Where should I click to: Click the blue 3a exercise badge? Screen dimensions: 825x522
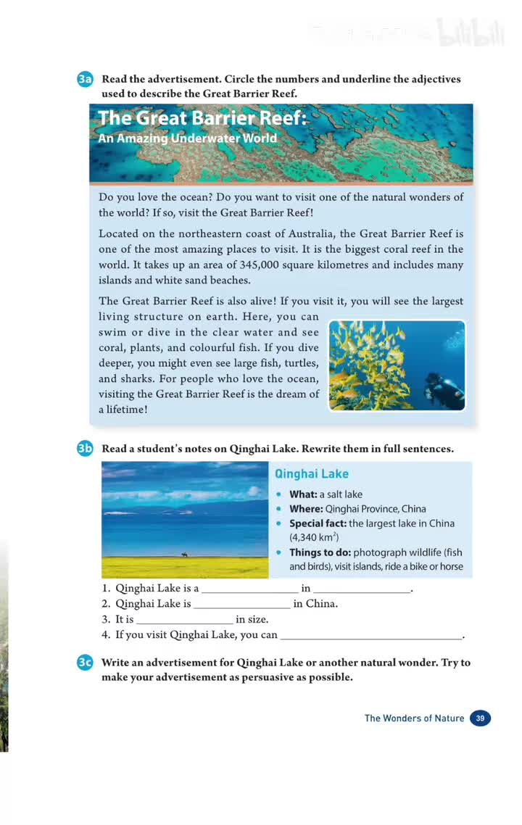coord(85,80)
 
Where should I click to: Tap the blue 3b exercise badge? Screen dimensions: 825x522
coord(85,449)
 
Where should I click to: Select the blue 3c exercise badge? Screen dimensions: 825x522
coord(85,663)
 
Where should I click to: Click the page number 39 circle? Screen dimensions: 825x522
coord(480,718)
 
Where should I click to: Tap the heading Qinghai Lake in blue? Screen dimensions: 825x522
coord(311,474)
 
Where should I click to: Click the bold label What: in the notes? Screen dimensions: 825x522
coord(303,494)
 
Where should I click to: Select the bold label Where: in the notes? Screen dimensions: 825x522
coord(306,509)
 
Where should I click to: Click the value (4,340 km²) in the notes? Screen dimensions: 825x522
coord(315,538)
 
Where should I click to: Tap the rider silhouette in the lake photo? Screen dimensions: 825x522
coord(184,555)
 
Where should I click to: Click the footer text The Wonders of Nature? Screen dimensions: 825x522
coord(414,718)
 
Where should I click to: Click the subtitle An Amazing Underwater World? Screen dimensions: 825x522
coord(187,138)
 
